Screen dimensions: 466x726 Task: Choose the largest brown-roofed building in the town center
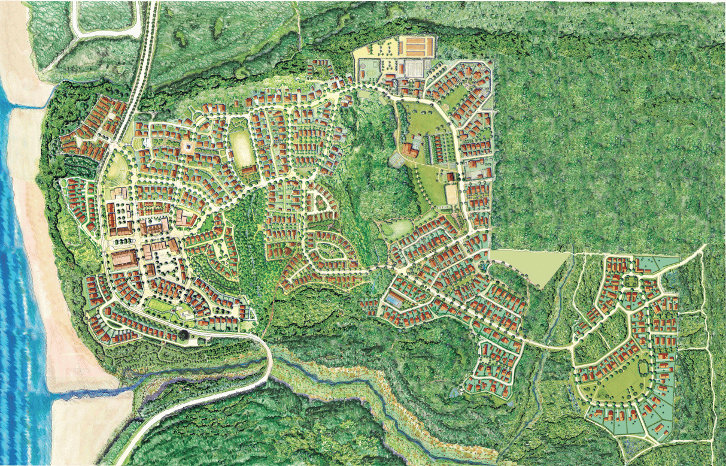coord(124,259)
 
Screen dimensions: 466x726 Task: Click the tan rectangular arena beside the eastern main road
coord(451,193)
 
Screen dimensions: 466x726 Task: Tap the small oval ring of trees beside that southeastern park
coord(643,366)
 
